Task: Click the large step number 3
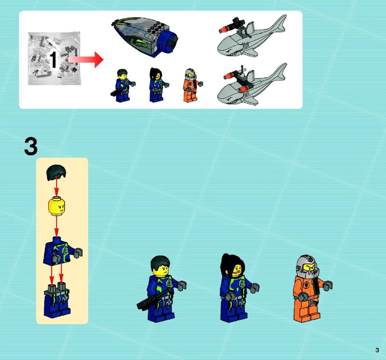[31, 147]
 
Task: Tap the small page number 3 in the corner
[377, 350]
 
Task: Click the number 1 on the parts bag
[54, 60]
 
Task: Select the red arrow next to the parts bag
[86, 59]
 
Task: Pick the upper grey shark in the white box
[251, 37]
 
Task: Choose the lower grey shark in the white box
[251, 85]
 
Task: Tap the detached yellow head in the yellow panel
[57, 206]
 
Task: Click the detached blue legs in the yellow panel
[57, 300]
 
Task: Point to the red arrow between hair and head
[57, 187]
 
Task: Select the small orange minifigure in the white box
[192, 85]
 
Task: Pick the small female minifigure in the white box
[158, 85]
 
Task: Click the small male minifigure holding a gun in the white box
[123, 85]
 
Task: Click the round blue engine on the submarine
[168, 42]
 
